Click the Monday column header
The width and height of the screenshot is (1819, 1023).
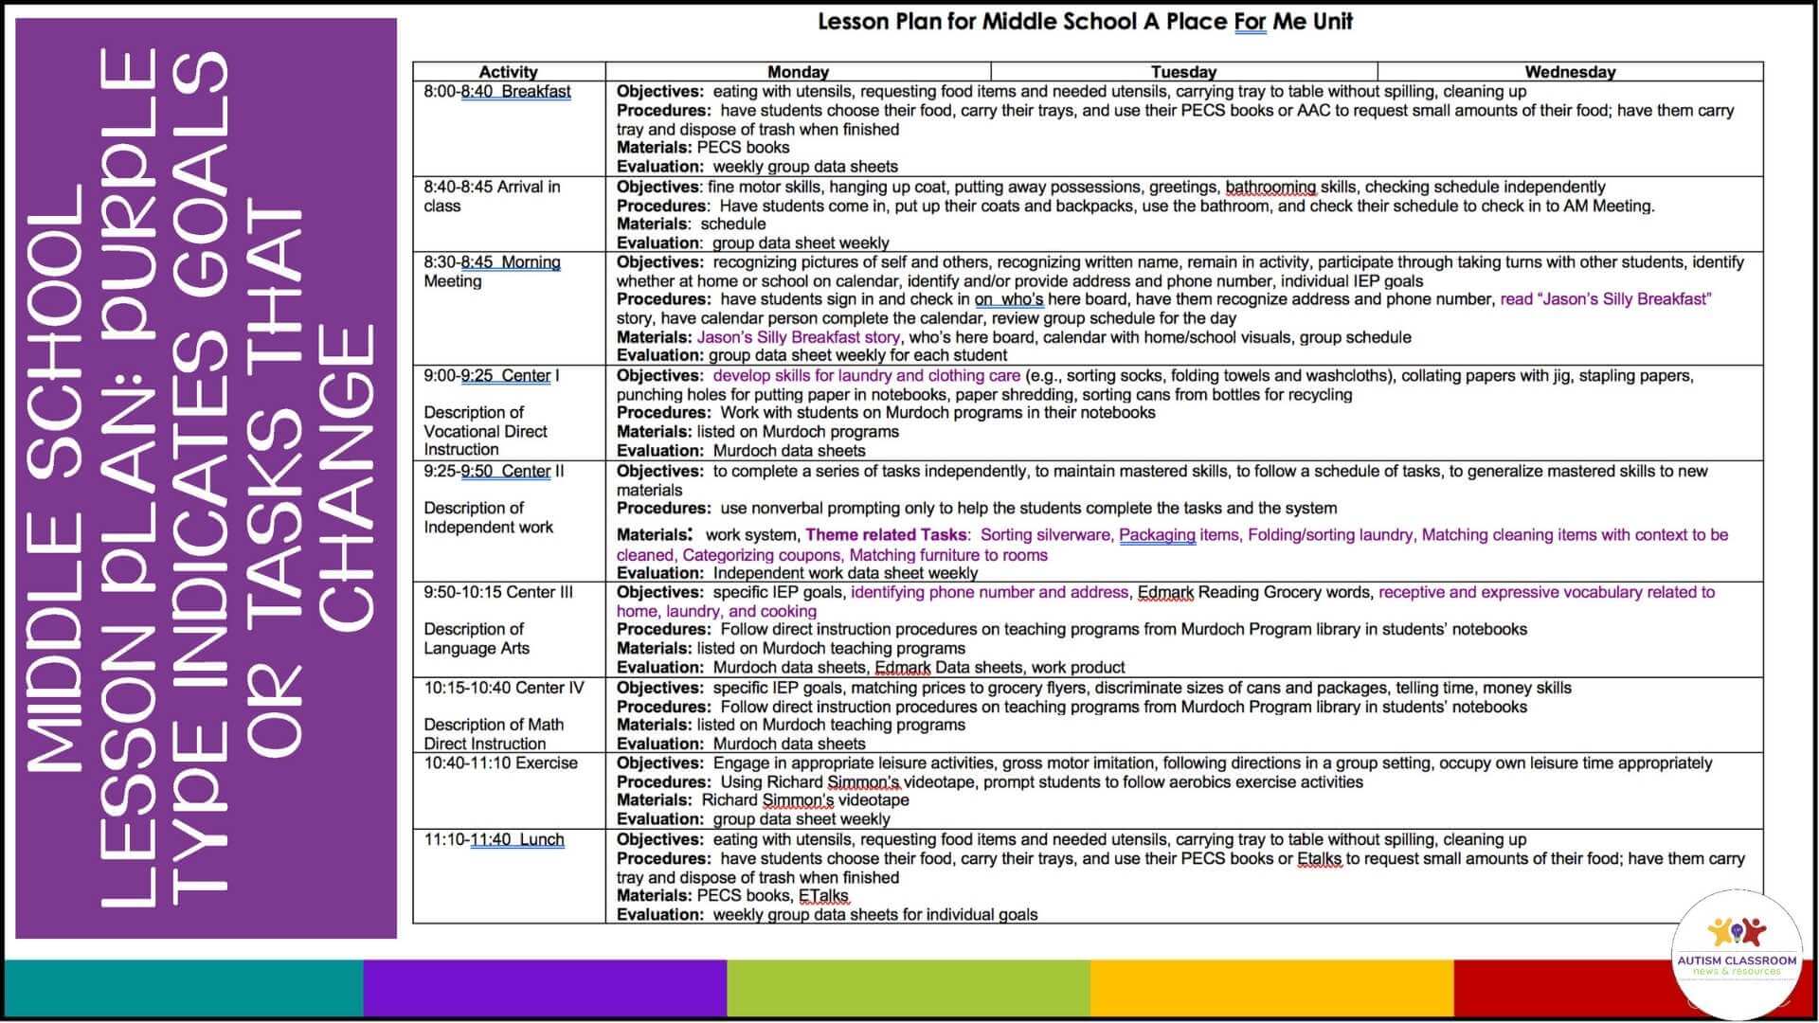pyautogui.click(x=798, y=72)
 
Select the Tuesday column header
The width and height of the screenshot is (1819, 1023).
pyautogui.click(x=1183, y=72)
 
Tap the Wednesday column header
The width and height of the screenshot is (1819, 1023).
pyautogui.click(x=1570, y=72)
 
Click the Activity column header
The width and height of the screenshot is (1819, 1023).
pyautogui.click(x=508, y=72)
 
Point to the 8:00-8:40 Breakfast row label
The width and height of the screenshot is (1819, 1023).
pyautogui.click(x=497, y=92)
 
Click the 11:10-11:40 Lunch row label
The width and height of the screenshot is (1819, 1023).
pyautogui.click(x=494, y=840)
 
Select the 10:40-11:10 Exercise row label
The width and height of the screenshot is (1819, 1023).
pyautogui.click(x=500, y=763)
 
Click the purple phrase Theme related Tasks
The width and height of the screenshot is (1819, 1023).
pyautogui.click(x=886, y=535)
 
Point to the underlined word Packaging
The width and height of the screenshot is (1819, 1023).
pyautogui.click(x=1157, y=535)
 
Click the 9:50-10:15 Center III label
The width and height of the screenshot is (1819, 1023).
pyautogui.click(x=498, y=593)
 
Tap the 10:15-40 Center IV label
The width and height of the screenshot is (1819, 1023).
pyautogui.click(x=504, y=689)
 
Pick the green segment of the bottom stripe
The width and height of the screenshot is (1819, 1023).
pyautogui.click(x=908, y=988)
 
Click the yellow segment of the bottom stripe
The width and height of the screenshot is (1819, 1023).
pyautogui.click(x=1271, y=988)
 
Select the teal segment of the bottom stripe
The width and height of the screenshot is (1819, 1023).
pyautogui.click(x=185, y=988)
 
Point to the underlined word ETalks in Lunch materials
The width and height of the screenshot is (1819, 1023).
pyautogui.click(x=823, y=896)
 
